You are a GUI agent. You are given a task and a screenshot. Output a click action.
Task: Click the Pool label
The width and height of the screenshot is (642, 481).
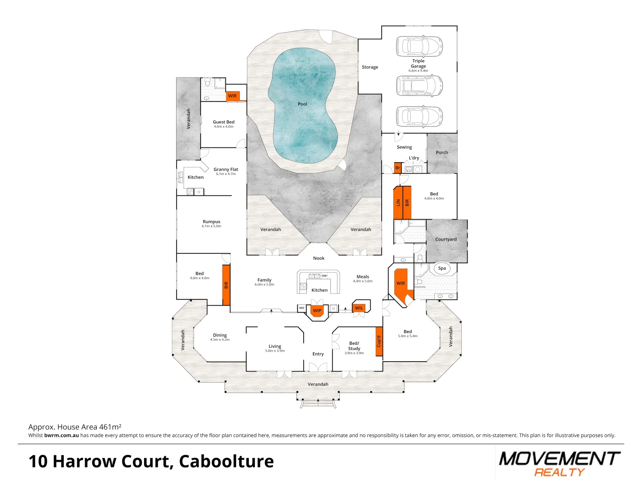302,104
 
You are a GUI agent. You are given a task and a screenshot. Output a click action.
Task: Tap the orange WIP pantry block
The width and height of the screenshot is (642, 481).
317,310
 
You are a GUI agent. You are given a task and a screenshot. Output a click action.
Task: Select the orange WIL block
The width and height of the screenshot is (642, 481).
359,308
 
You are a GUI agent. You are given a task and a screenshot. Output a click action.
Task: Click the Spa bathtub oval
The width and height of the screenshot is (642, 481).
442,268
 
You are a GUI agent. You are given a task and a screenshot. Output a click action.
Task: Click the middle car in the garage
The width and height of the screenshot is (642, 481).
419,86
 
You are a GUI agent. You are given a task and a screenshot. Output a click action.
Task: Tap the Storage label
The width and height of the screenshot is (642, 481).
370,67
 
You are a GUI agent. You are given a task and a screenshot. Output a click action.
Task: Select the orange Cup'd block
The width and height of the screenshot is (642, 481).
379,341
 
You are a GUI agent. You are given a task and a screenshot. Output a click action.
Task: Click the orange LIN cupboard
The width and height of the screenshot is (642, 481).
398,203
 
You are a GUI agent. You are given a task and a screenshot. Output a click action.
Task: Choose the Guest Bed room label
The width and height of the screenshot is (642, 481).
223,122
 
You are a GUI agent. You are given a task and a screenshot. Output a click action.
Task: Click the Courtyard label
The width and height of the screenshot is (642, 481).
446,239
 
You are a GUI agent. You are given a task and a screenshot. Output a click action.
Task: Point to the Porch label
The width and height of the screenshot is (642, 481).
442,152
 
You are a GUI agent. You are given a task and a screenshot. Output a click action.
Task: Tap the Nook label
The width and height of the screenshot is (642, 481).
319,258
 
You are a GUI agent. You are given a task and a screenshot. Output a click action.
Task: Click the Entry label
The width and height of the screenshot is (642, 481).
318,354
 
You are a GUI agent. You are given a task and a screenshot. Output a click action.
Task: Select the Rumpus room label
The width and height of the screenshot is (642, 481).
211,222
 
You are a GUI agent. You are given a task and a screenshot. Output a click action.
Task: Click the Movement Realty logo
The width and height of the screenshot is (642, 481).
559,463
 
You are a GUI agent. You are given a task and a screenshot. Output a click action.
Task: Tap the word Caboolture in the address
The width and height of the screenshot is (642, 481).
226,461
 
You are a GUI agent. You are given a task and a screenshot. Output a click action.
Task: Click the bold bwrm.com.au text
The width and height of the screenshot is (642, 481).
62,436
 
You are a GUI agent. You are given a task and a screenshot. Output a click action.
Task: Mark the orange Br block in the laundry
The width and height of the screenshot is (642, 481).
398,168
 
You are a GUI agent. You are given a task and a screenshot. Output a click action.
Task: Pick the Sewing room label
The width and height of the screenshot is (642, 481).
404,147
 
